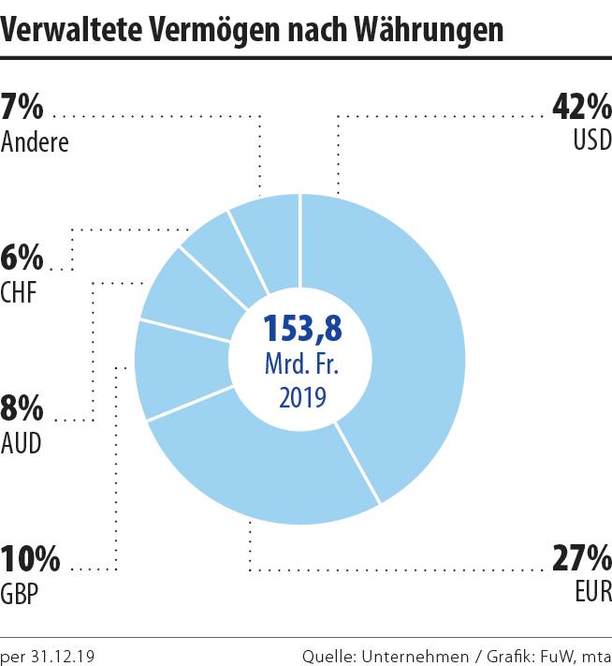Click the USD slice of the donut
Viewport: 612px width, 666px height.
click(x=412, y=337)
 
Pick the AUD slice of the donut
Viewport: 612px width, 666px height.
click(x=187, y=295)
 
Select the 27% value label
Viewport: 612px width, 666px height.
click(x=581, y=560)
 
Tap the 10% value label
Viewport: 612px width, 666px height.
click(x=30, y=560)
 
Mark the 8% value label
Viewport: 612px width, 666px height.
click(x=22, y=409)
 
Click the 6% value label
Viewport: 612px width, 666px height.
click(x=22, y=259)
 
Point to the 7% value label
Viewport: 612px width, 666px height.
click(x=22, y=108)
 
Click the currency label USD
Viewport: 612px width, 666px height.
click(x=591, y=141)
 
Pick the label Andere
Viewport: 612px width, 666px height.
click(x=36, y=141)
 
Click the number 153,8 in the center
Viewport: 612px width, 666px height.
click(x=301, y=328)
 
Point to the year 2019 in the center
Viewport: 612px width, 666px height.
click(x=301, y=397)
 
